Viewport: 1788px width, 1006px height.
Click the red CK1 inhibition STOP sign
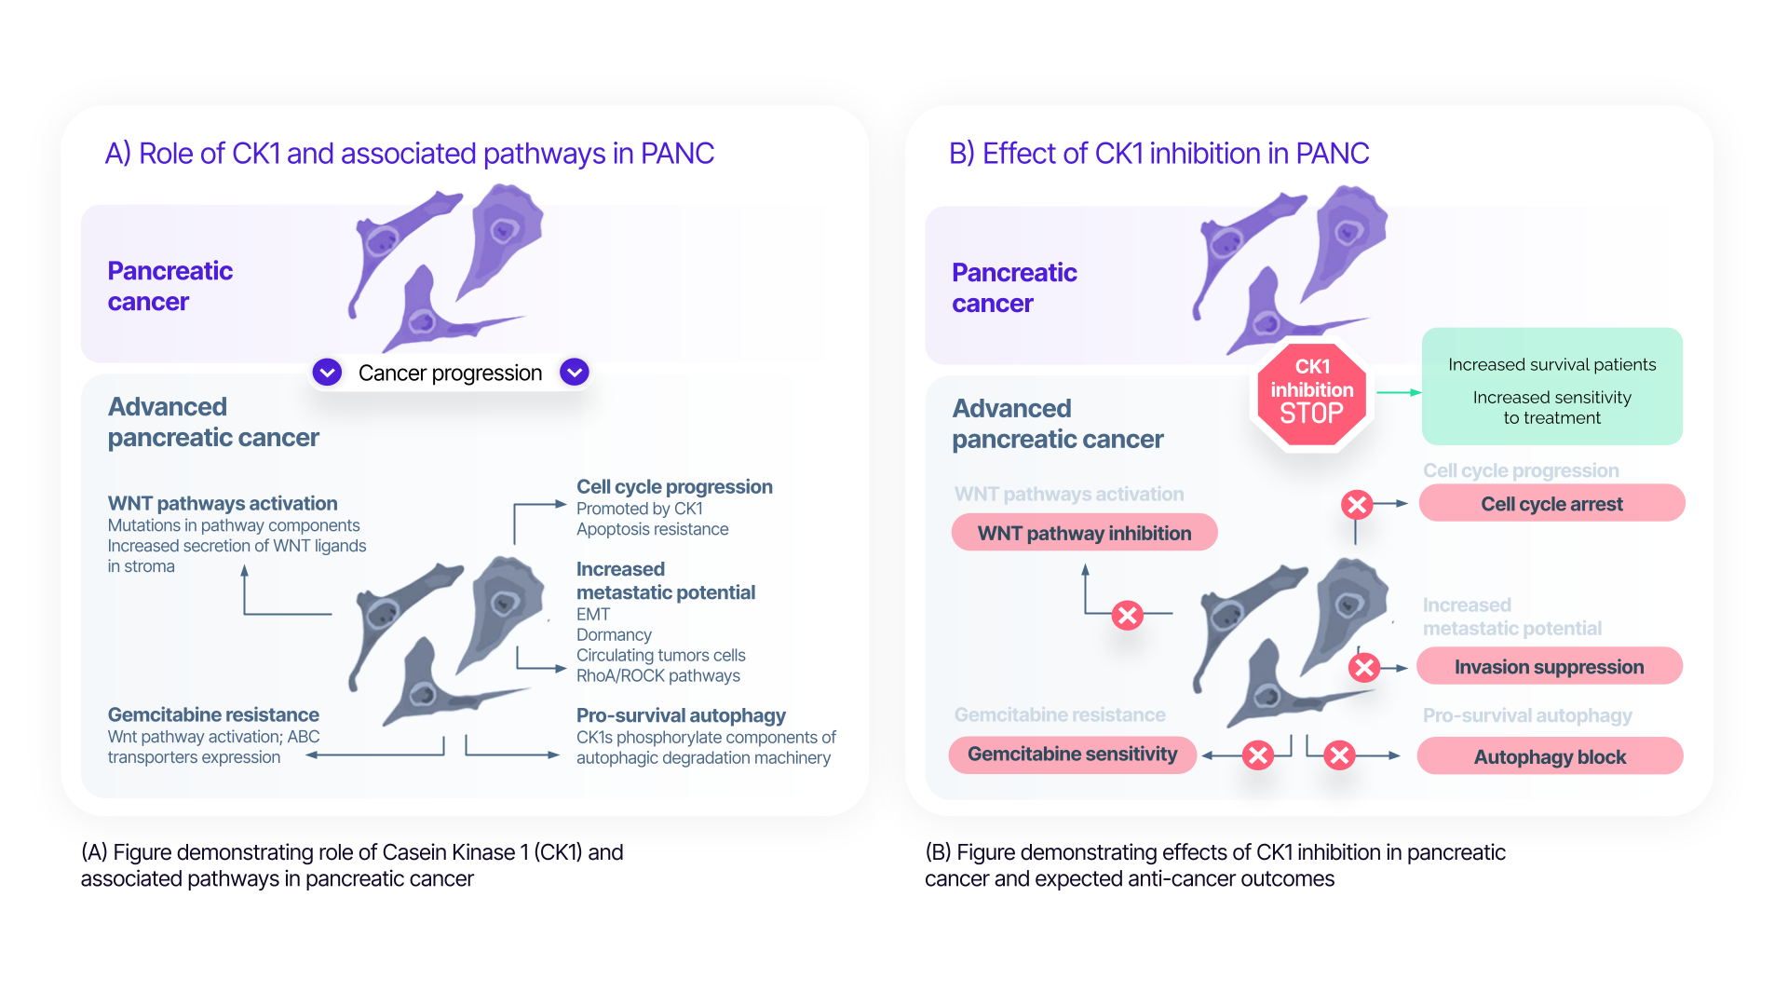click(1311, 392)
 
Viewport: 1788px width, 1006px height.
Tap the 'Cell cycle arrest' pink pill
click(1551, 504)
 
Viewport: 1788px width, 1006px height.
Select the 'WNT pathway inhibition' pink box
click(1084, 533)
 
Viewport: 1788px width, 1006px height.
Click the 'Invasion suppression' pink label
click(1549, 667)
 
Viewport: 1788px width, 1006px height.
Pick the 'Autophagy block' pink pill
click(1550, 756)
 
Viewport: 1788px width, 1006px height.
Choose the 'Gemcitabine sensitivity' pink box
click(1072, 754)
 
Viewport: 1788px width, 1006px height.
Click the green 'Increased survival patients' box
click(1551, 387)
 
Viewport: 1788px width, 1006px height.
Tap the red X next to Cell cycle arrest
click(1357, 505)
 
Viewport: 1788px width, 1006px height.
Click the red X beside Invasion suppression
click(1364, 667)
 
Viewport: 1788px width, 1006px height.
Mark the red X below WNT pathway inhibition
click(1127, 615)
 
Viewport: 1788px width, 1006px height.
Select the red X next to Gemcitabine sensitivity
click(1257, 755)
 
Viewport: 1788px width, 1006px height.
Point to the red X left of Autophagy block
click(1339, 755)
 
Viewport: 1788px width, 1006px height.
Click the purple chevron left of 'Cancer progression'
click(327, 373)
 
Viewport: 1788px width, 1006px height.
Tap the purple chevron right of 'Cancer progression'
click(575, 373)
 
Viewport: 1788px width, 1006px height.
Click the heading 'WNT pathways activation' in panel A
click(223, 504)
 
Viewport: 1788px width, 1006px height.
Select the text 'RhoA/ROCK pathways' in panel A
click(657, 676)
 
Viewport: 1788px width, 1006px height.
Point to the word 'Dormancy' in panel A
click(614, 635)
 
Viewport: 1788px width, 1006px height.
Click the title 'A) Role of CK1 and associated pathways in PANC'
click(410, 154)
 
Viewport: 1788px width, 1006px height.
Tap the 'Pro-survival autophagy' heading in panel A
click(681, 715)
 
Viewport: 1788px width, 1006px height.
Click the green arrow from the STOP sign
click(1398, 393)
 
